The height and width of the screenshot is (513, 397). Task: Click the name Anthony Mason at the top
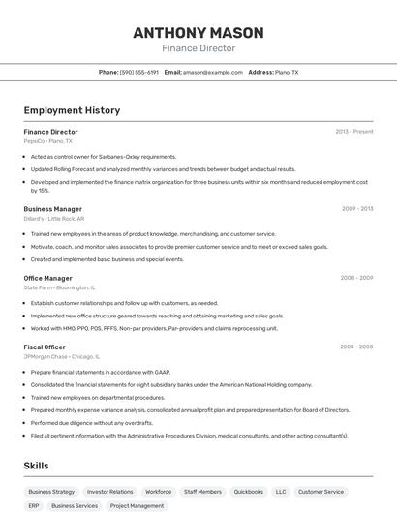[x=198, y=32]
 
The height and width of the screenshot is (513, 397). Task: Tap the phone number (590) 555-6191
[x=139, y=72]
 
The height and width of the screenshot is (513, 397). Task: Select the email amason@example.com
[x=212, y=72]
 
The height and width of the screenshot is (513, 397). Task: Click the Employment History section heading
[x=72, y=110]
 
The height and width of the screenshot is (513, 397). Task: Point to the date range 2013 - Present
[x=354, y=132]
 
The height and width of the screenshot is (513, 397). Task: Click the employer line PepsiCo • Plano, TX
[x=48, y=141]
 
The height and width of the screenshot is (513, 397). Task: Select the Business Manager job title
[x=53, y=209]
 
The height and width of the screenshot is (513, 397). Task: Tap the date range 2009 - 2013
[x=357, y=209]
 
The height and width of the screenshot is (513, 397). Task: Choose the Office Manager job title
[x=48, y=278]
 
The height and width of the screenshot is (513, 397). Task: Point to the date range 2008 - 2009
[x=357, y=278]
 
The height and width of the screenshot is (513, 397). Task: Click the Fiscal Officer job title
[x=45, y=347]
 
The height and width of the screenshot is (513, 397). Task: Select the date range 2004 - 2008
[x=357, y=347]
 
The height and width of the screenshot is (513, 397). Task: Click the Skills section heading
[x=37, y=466]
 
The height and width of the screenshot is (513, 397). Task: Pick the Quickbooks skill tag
[x=249, y=492]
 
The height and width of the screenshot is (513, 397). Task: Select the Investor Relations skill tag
[x=109, y=492]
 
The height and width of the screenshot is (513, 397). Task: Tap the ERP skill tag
[x=34, y=505]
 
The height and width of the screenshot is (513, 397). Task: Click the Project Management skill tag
[x=137, y=505]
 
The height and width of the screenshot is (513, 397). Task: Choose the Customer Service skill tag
[x=321, y=492]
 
